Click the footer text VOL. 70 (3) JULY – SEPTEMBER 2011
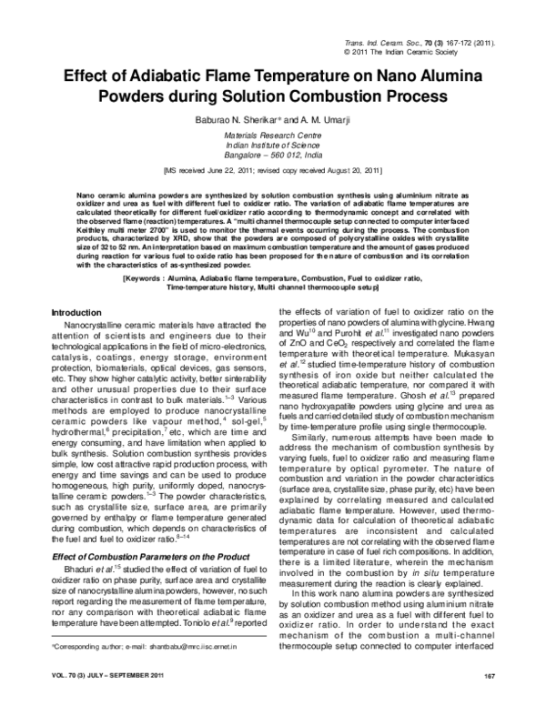point(106,675)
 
